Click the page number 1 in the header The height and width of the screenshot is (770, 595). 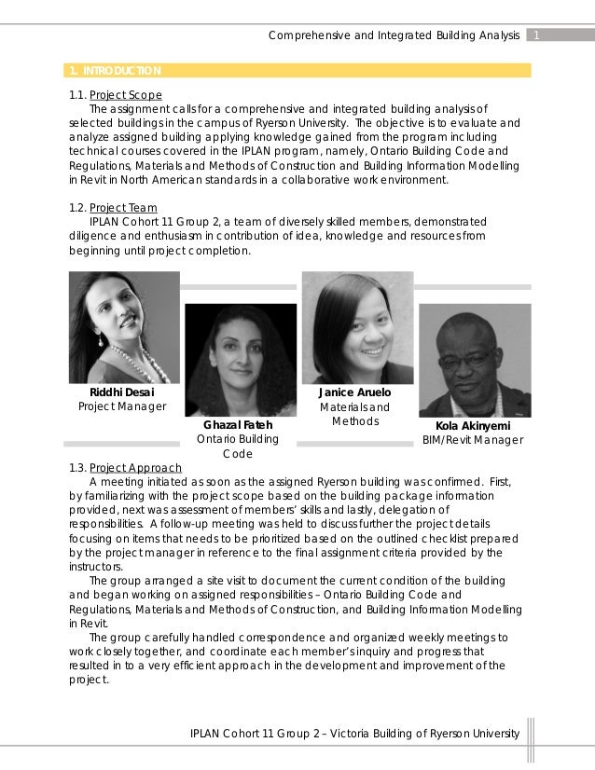539,35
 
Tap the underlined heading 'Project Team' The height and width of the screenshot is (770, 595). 130,207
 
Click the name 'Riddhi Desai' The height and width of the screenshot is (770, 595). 121,392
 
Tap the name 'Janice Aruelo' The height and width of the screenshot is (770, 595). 354,392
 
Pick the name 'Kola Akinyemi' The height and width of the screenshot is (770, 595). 474,425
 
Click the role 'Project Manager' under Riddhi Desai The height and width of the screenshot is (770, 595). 121,407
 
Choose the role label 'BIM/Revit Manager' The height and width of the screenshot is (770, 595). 473,440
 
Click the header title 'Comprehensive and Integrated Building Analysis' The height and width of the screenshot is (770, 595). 394,35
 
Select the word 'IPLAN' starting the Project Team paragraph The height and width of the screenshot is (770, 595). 104,221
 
